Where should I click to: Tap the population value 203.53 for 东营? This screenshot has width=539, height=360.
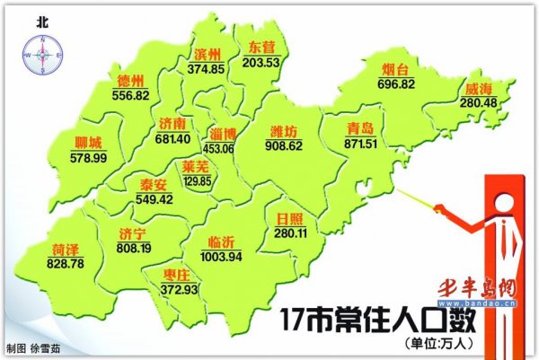(x=261, y=61)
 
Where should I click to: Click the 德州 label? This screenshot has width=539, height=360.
(x=131, y=83)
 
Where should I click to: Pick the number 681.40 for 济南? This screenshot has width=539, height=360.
(x=172, y=138)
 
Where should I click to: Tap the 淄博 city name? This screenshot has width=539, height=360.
(x=225, y=134)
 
